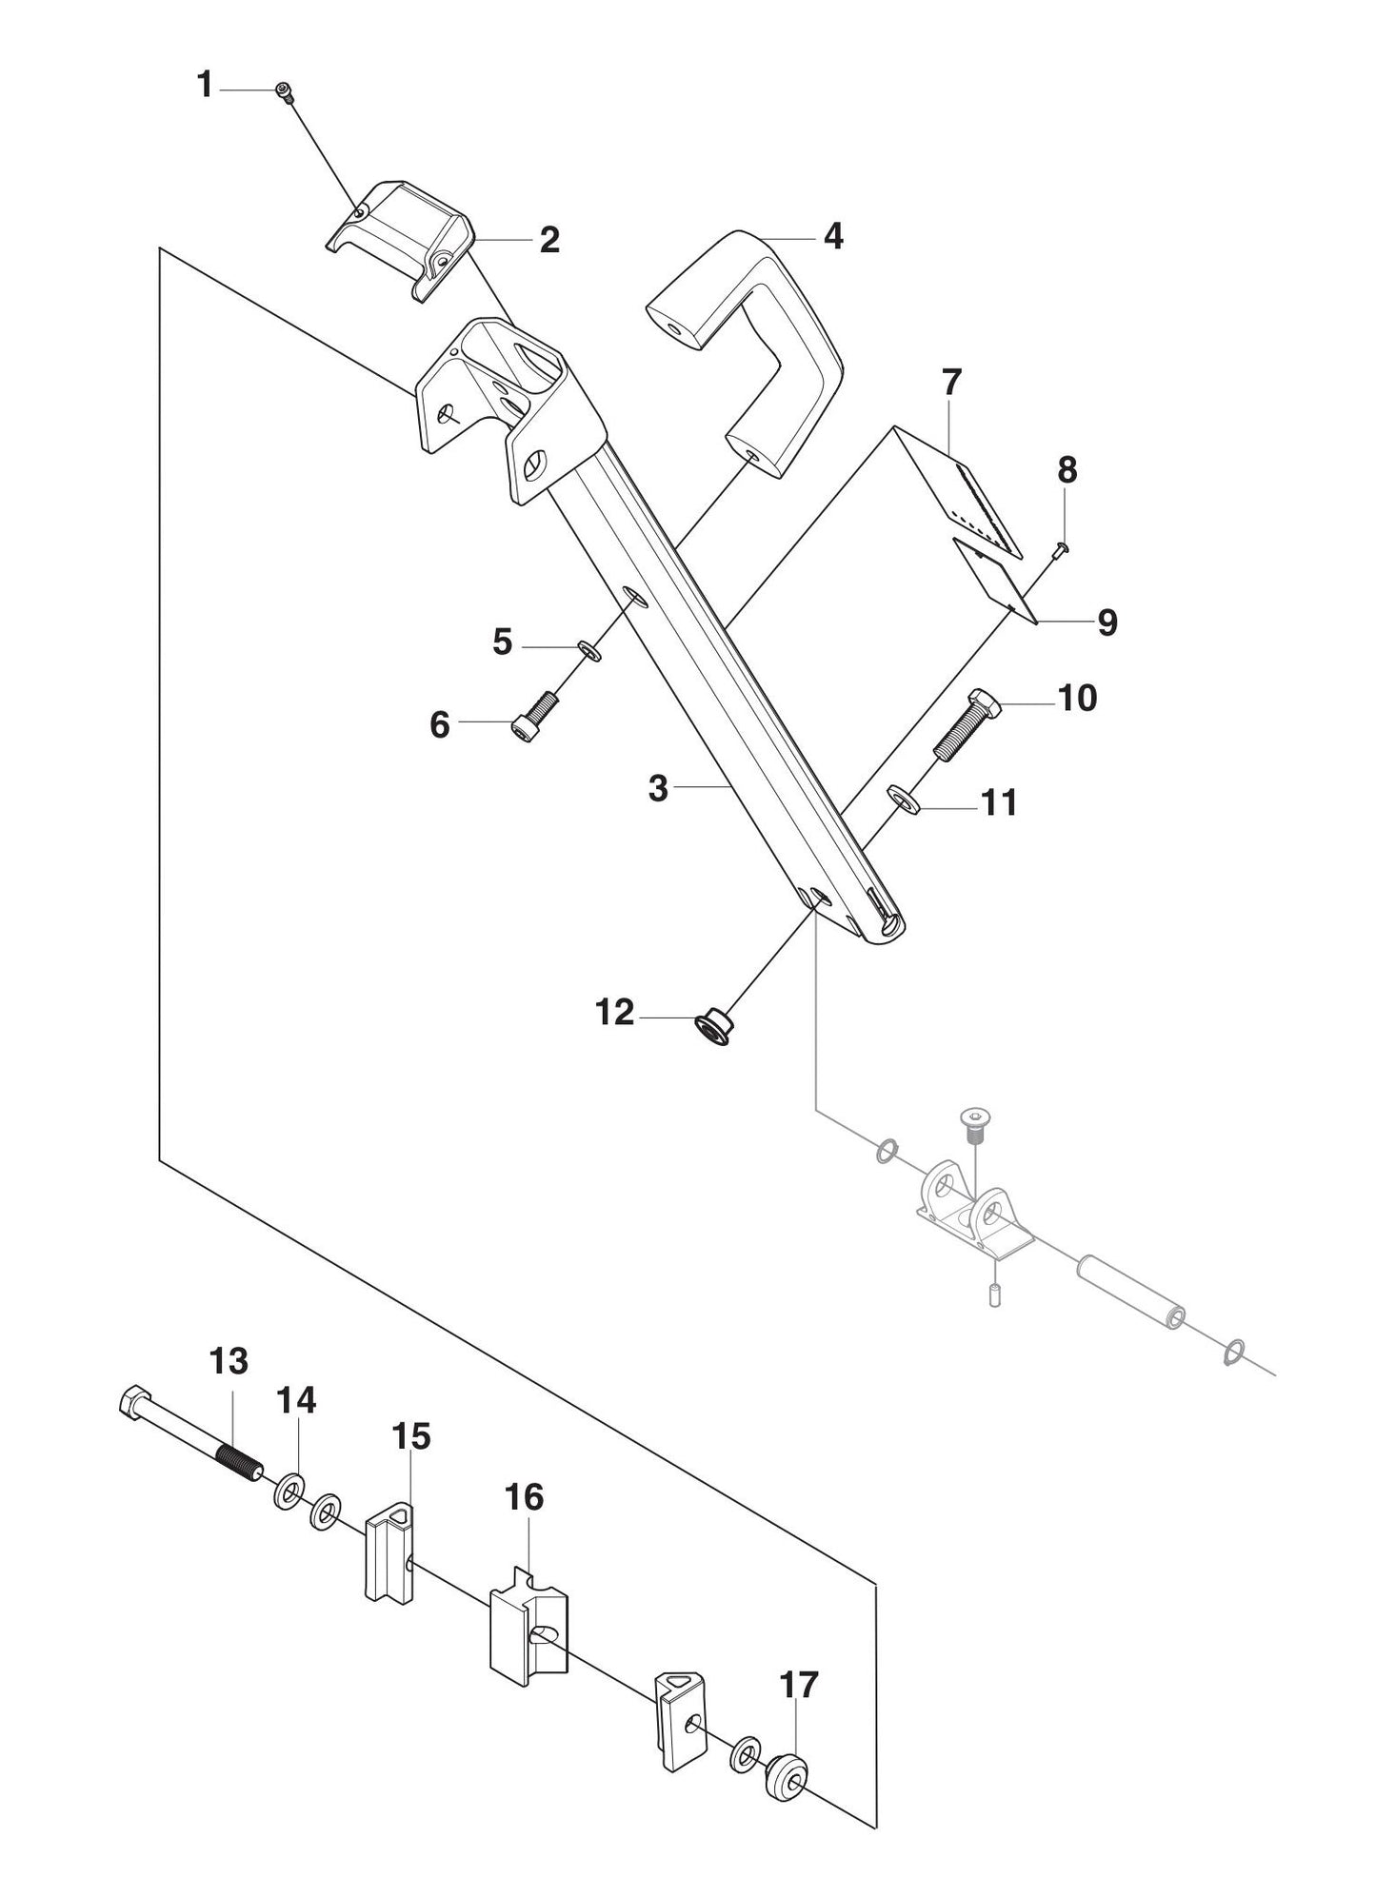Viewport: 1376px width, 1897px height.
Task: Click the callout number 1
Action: [x=205, y=86]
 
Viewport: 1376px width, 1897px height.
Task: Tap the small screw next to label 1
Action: [x=284, y=90]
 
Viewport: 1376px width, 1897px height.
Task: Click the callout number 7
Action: [x=951, y=384]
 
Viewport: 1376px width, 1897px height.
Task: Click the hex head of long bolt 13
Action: [x=131, y=1405]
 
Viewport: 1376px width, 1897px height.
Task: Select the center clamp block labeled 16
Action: [x=529, y=1629]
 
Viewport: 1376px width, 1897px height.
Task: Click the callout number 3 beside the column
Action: [x=659, y=789]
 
